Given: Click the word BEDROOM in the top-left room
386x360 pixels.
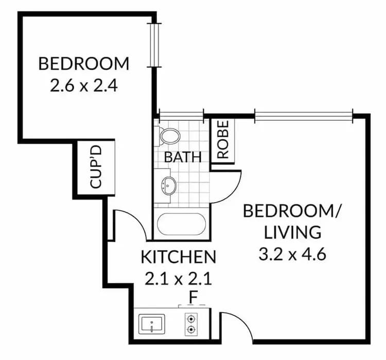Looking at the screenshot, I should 84,64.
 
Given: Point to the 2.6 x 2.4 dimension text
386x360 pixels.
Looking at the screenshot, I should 84,84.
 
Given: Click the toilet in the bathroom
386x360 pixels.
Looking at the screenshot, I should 169,136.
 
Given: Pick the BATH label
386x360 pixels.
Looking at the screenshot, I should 183,157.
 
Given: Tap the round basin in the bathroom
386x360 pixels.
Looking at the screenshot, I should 168,185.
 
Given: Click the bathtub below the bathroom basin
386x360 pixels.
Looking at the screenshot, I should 181,225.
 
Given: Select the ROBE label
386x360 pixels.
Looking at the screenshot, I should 222,139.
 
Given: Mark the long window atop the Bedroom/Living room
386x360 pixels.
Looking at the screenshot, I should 304,116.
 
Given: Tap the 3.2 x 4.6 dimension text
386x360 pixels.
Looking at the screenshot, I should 293,254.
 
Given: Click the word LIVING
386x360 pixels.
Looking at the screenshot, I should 293,232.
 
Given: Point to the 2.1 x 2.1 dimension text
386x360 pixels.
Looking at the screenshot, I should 178,279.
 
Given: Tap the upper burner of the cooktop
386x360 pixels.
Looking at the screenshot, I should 191,318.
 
